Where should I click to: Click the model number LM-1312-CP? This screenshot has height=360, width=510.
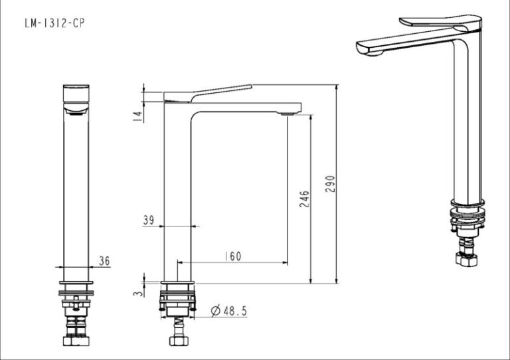54,23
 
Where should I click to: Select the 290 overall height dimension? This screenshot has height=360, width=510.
330,184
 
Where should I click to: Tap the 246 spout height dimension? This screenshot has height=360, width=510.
304,199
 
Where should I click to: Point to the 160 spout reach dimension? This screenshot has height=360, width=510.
233,256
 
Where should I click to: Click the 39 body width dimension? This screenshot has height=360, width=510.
149,220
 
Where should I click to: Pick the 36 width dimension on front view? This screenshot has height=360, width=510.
104,261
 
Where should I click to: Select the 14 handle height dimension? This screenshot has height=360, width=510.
138,117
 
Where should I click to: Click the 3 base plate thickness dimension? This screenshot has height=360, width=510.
139,293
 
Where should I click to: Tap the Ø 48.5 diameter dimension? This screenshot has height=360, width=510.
229,311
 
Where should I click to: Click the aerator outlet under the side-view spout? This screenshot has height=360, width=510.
287,114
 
